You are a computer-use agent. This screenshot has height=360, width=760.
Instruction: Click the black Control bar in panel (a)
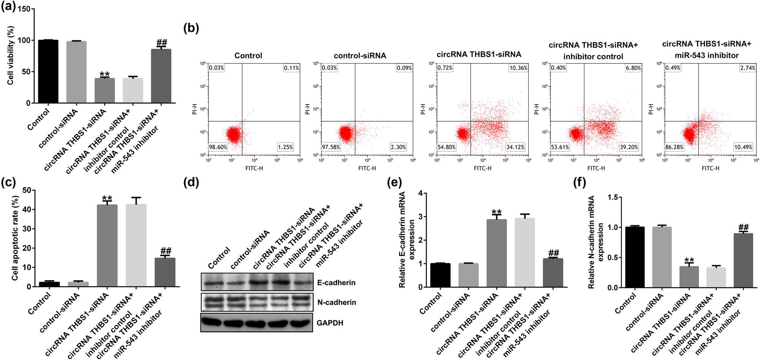pos(48,71)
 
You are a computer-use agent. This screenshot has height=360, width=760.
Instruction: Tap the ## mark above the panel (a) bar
pos(161,43)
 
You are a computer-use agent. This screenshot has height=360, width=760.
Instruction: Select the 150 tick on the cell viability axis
pos(24,9)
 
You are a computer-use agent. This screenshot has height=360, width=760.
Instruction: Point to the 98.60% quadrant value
pos(218,147)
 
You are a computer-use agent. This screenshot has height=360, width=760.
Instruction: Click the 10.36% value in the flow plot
pos(518,68)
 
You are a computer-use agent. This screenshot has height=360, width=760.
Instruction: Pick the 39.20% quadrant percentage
pos(629,147)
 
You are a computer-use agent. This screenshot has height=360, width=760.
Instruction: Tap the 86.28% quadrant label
pos(674,147)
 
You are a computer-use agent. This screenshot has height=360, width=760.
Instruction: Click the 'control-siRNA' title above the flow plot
pos(360,56)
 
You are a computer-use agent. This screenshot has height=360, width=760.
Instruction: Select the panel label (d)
pos(191,183)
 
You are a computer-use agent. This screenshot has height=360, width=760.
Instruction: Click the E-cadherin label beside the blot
pos(336,282)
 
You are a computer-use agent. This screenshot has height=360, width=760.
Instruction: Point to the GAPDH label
pos(330,323)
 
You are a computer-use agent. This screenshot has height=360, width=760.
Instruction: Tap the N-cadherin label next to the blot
pos(337,302)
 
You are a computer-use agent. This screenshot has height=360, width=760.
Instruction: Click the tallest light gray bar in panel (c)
pos(136,245)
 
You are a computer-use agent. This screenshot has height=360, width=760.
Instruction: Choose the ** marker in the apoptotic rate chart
pos(107,198)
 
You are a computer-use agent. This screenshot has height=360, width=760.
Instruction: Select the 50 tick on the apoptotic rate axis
pos(27,190)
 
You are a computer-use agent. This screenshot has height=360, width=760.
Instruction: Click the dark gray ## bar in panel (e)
pos(553,273)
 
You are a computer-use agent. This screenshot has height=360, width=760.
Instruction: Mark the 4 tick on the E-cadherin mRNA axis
pos(420,193)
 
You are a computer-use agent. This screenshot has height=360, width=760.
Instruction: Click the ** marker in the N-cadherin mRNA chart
pos(689,261)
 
